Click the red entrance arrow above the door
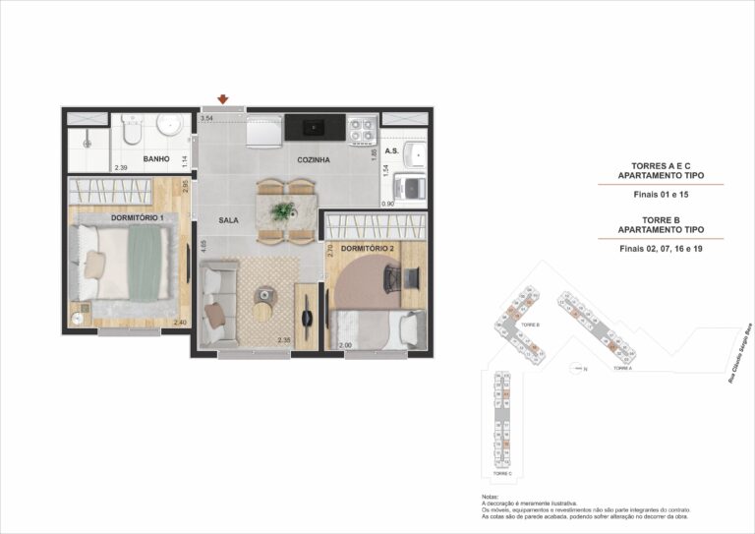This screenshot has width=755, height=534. click(x=224, y=99)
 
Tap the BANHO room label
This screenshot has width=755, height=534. click(x=156, y=158)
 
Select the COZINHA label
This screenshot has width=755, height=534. click(x=314, y=159)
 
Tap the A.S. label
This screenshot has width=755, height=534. click(x=391, y=151)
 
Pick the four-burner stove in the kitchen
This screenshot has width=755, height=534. click(x=361, y=126)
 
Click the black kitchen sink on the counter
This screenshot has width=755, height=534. click(x=315, y=126)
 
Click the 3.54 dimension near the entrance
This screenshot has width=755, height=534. click(x=206, y=119)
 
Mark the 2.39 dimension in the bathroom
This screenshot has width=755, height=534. click(x=121, y=168)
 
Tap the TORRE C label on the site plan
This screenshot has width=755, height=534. click(x=502, y=473)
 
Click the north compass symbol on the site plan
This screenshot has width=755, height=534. click(x=577, y=369)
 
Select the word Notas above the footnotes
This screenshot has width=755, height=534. click(x=491, y=498)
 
